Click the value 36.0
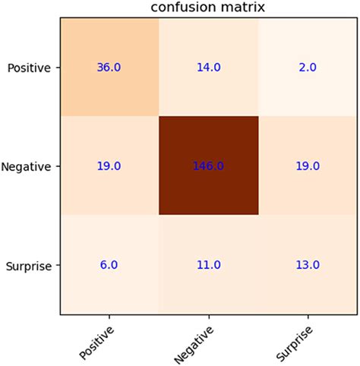click(x=109, y=67)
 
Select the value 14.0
click(x=208, y=67)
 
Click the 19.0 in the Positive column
click(x=109, y=166)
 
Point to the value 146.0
click(x=208, y=166)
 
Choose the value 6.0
click(x=109, y=265)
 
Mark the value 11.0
click(x=208, y=265)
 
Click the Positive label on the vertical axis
click(x=28, y=68)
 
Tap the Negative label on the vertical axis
click(x=27, y=166)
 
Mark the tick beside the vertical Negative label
click(x=58, y=166)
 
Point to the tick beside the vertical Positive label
click(x=58, y=67)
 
